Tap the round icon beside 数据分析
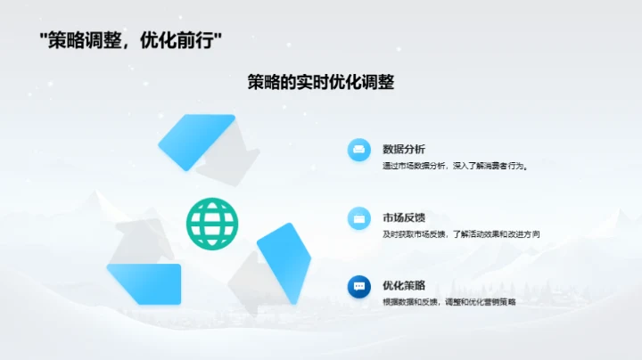(x=359, y=150)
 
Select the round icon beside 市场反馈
(x=359, y=217)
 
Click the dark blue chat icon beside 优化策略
(x=359, y=286)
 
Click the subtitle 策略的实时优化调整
(x=320, y=82)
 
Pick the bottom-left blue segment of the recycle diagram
(x=145, y=283)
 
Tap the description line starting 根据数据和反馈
(x=449, y=302)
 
